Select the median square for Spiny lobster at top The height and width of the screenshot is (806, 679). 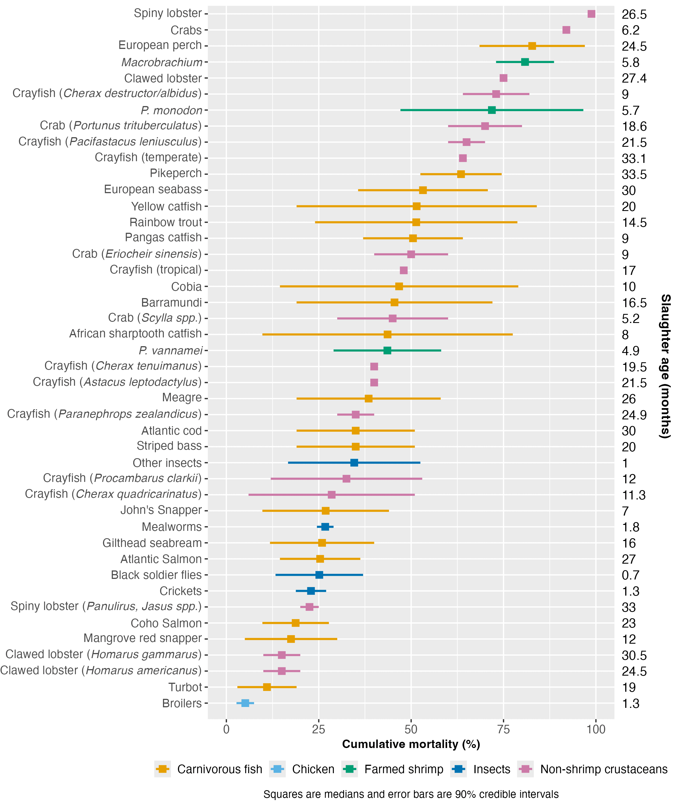(x=591, y=14)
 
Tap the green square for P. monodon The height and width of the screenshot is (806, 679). (x=491, y=110)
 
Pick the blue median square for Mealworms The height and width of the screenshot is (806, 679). (x=325, y=527)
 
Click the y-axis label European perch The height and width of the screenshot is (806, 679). (x=160, y=46)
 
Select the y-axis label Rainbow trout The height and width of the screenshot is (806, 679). (x=166, y=222)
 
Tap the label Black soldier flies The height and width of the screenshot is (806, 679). (x=156, y=575)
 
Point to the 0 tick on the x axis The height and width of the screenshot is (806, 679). (x=226, y=729)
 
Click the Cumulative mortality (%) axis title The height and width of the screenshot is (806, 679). (x=411, y=744)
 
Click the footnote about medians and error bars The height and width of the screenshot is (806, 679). (x=411, y=794)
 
